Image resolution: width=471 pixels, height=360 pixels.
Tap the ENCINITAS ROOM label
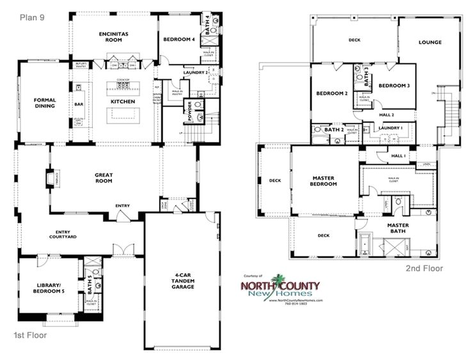(114, 36)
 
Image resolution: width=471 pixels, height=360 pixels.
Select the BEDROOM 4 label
(179, 40)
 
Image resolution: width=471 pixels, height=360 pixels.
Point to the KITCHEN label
(123, 102)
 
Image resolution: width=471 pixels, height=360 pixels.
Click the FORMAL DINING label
(45, 103)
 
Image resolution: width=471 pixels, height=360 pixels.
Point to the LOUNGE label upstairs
(430, 43)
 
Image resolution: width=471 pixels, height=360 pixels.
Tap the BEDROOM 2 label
(331, 94)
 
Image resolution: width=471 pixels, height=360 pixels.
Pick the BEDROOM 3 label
(394, 86)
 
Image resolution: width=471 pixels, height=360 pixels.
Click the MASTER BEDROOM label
(324, 181)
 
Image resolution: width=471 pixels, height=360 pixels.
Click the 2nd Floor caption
(424, 269)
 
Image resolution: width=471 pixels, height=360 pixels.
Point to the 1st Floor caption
(31, 334)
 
